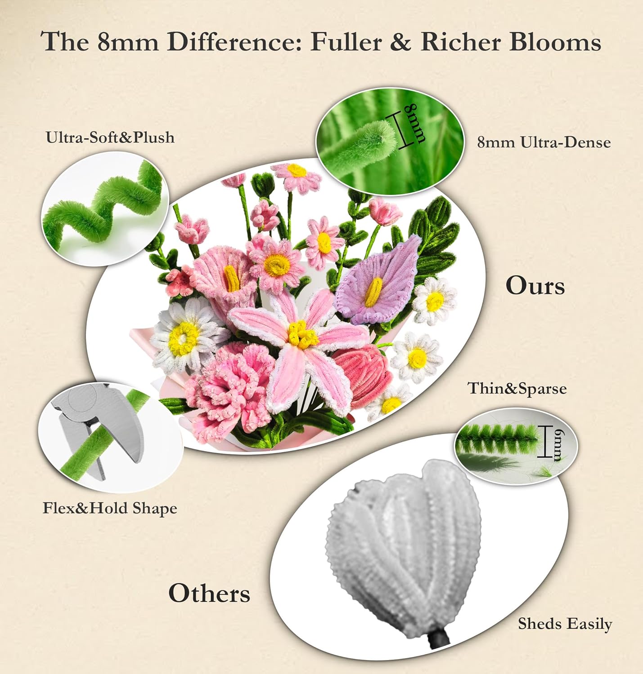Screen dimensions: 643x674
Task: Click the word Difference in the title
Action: coord(234,42)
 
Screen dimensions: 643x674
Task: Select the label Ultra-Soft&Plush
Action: coord(110,137)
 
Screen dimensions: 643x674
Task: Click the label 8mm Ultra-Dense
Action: coord(544,142)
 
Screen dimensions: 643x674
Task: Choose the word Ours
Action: coord(535,286)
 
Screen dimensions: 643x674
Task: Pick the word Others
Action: coord(209,593)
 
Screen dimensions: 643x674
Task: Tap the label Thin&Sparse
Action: coord(517,388)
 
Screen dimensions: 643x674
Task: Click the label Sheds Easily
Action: coord(565,624)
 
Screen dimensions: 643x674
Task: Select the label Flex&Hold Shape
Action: coord(110,508)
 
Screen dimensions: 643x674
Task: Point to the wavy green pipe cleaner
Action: coord(103,209)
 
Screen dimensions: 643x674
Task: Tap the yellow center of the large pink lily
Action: coord(302,334)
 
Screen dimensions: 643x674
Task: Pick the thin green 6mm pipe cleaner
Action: coord(498,439)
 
